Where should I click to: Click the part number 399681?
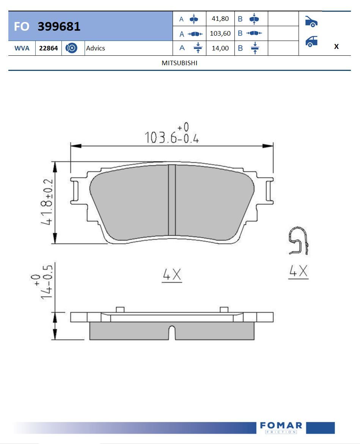[59, 26]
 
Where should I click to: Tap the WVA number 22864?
[49, 48]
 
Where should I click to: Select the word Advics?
[96, 48]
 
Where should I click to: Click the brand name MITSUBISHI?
[179, 63]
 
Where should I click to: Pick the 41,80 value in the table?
[220, 19]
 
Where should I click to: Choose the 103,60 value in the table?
[220, 33]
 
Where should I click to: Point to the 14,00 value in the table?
[220, 48]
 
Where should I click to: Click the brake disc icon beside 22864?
[71, 48]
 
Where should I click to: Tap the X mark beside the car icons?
[336, 46]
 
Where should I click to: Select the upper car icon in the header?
[311, 22]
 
